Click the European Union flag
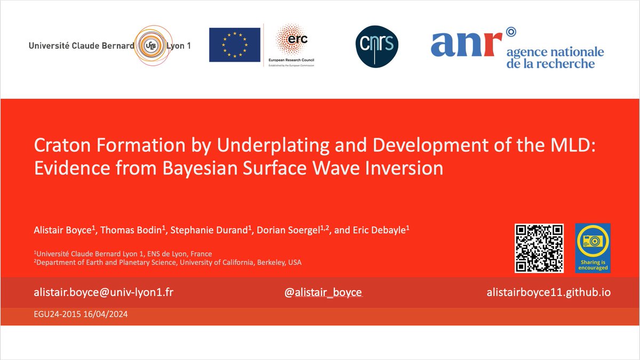tap(235, 45)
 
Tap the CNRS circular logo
tap(377, 47)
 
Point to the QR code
tap(539, 248)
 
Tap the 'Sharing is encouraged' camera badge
tap(592, 248)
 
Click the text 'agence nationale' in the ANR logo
tap(555, 52)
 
